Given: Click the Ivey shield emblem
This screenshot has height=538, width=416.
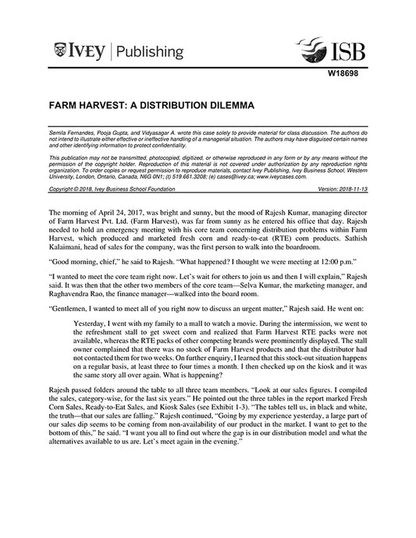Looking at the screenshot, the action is click(x=61, y=51).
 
